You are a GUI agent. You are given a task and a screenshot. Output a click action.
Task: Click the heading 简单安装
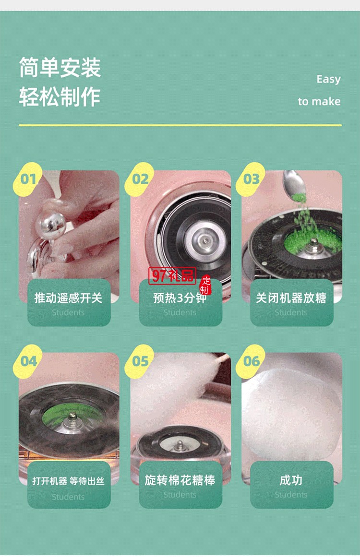click(60, 67)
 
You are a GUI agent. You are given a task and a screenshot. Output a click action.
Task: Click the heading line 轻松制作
click(60, 96)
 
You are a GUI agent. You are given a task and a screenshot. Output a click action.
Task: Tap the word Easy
click(328, 79)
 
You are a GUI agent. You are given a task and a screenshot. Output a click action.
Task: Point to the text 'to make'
click(319, 101)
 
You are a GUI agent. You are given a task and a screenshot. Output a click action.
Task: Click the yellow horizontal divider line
click(180, 125)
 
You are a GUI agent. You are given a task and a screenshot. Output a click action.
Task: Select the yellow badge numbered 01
click(29, 179)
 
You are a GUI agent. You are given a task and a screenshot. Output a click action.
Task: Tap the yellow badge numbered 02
click(140, 179)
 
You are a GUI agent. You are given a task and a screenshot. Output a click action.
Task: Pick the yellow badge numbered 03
click(252, 179)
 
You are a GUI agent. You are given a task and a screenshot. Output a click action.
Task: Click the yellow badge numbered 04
click(29, 361)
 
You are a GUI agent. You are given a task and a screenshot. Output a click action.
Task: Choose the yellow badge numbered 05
click(140, 361)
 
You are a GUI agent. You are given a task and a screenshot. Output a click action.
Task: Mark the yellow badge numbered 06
click(252, 361)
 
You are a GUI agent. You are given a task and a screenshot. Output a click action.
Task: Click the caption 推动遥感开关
click(68, 298)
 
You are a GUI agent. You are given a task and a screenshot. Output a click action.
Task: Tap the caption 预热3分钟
click(180, 298)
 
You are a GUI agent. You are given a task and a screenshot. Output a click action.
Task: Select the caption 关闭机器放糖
click(291, 298)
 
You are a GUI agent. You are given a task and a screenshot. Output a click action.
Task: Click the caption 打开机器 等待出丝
click(68, 481)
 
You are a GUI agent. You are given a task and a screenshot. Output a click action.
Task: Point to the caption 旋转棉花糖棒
click(180, 480)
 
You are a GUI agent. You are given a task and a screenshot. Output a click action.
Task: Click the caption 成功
click(291, 480)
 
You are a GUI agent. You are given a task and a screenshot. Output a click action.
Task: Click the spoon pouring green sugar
click(294, 184)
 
